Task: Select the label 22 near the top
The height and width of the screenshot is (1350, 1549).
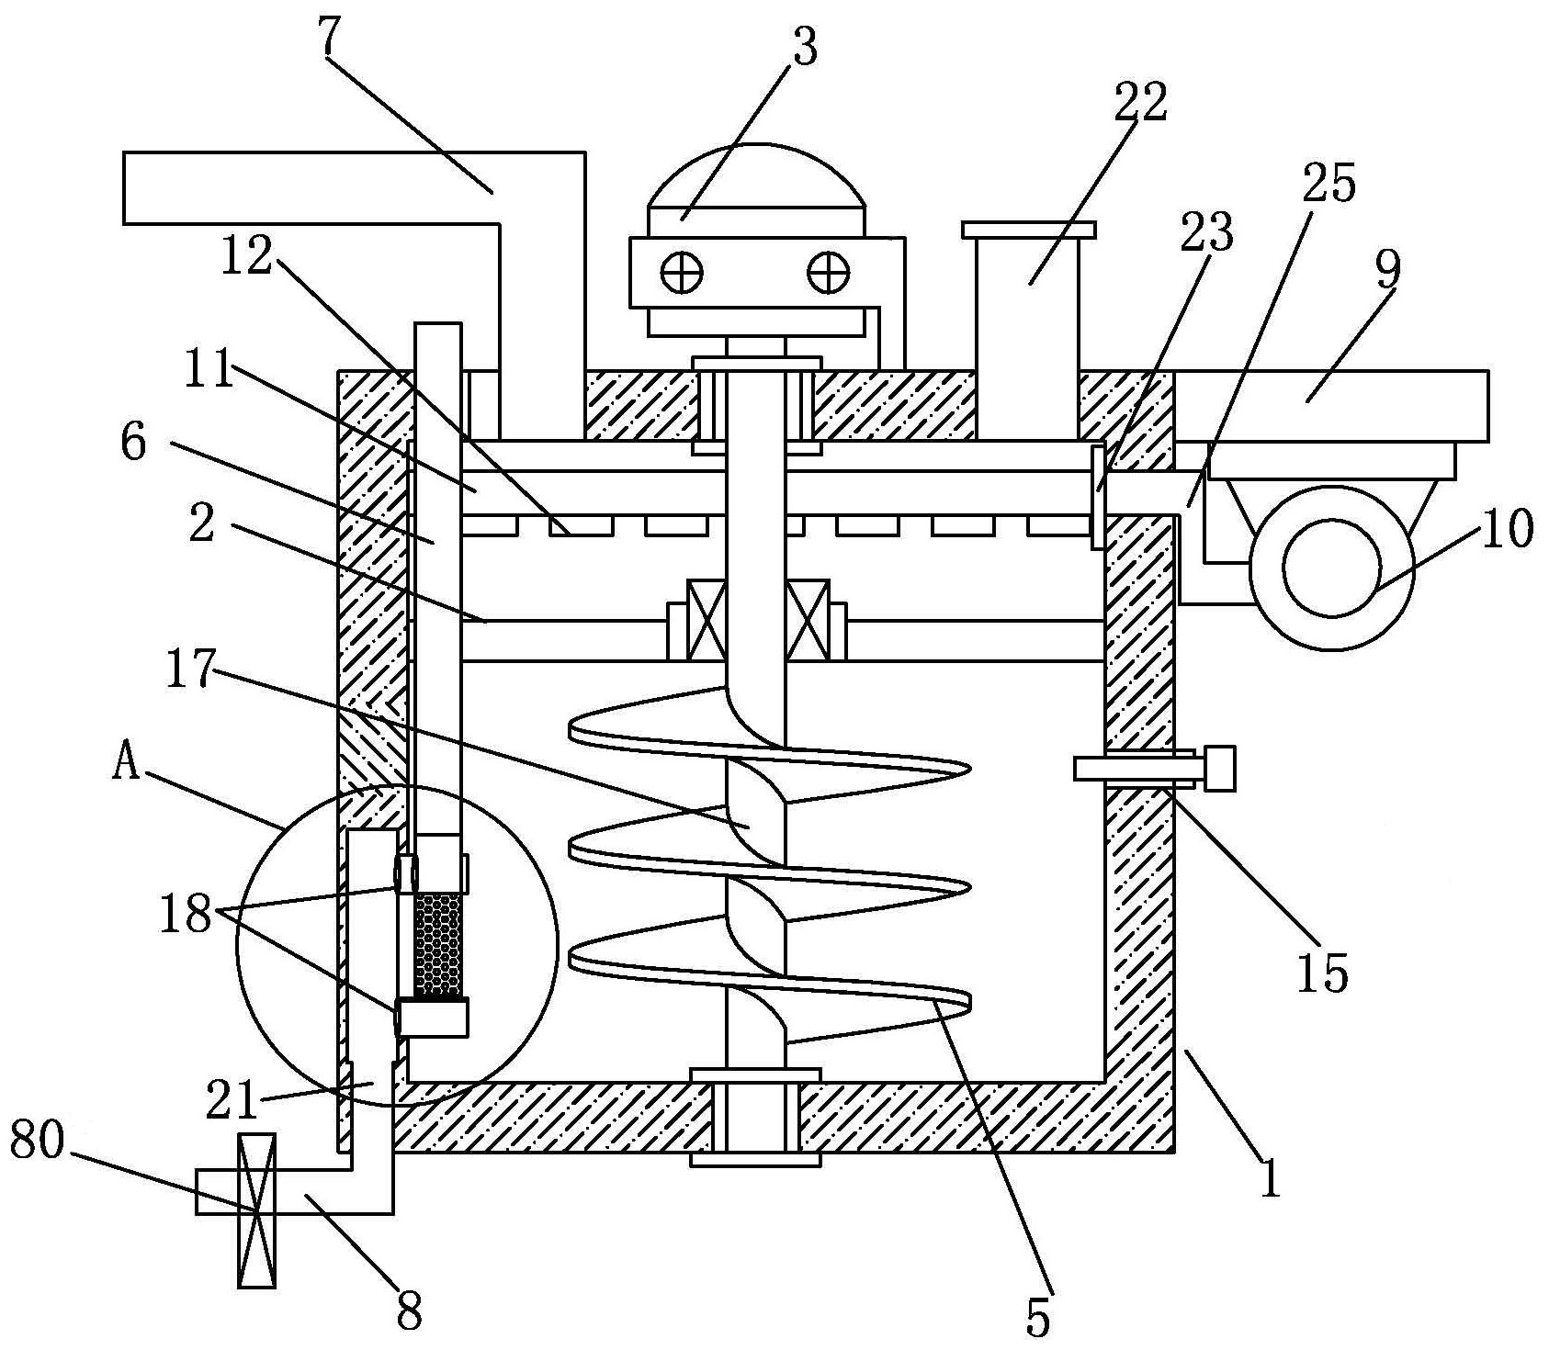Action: coord(1141,101)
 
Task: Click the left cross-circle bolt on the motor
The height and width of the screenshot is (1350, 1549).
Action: coord(682,272)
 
